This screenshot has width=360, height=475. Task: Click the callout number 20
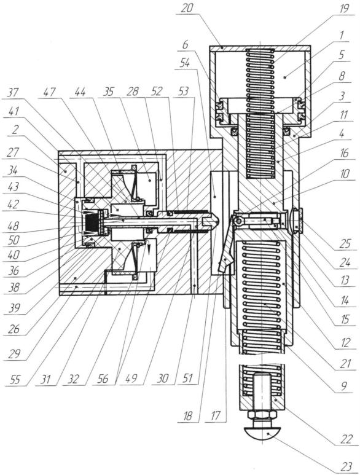(x=186, y=7)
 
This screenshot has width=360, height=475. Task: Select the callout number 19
(x=343, y=8)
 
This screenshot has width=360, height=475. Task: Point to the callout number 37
(x=13, y=92)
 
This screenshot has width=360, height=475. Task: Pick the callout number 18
(x=187, y=416)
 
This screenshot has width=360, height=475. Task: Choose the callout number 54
(x=184, y=63)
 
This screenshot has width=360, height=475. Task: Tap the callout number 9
(x=344, y=386)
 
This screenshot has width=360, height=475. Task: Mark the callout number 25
(x=345, y=243)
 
